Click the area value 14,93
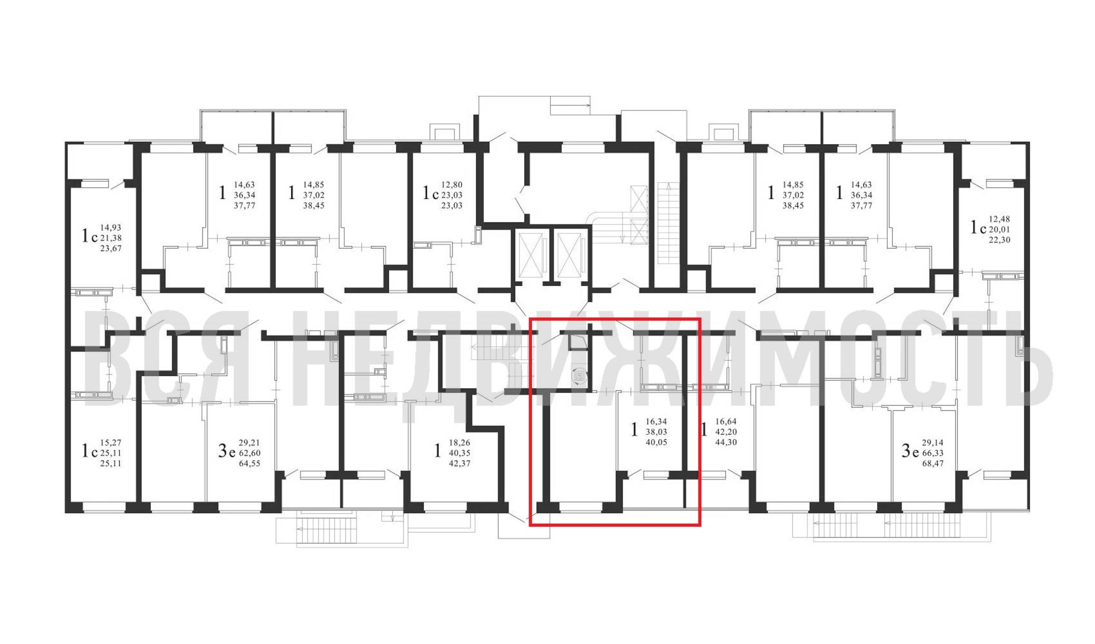click(x=111, y=228)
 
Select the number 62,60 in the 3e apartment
click(x=250, y=453)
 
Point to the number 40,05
click(x=656, y=442)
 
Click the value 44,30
click(x=726, y=442)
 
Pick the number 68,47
click(x=933, y=464)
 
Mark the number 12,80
click(x=452, y=185)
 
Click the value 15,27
click(x=111, y=443)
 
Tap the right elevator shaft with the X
click(x=569, y=255)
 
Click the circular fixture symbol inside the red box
click(x=578, y=375)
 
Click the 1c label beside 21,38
click(x=90, y=236)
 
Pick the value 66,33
click(x=933, y=453)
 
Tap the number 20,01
click(x=999, y=230)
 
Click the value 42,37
click(x=459, y=464)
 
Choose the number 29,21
click(x=250, y=443)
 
